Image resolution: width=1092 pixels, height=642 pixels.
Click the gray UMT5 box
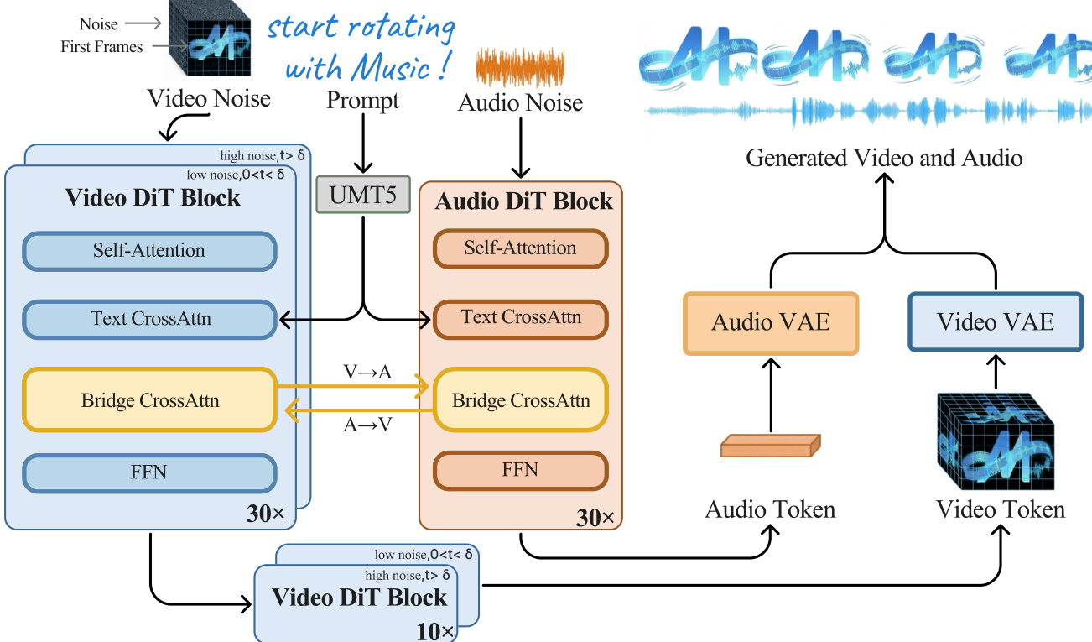363,194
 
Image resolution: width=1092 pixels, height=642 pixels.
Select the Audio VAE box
771,322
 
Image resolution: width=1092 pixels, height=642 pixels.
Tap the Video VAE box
995,322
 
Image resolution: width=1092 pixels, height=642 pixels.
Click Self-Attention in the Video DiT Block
149,251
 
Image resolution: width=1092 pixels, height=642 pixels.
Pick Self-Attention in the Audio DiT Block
520,248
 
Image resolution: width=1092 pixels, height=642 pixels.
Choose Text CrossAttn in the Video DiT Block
149,319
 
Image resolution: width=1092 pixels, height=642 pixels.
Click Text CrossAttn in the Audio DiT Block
520,318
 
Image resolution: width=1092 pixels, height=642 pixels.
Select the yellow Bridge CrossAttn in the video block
149,400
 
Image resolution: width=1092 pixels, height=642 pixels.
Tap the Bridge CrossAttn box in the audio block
520,400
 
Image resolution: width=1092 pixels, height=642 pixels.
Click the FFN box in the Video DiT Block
149,472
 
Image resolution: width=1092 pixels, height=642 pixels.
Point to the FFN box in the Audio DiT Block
520,470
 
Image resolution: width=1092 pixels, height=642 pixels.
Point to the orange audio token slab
771,445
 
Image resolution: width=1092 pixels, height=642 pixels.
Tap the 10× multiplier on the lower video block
435,630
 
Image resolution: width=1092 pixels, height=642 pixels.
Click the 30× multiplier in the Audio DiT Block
595,518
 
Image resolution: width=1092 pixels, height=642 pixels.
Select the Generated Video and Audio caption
884,158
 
